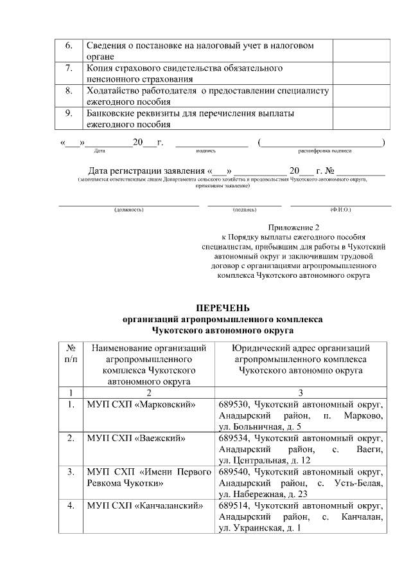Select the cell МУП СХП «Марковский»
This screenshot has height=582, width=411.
click(x=141, y=405)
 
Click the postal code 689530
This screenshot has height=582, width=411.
click(x=233, y=405)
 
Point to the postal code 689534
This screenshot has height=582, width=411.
click(x=233, y=439)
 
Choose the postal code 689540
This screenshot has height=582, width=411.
click(x=233, y=472)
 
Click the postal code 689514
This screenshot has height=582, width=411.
click(x=233, y=505)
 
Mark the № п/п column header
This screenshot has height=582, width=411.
click(x=71, y=354)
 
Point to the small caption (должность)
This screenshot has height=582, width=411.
click(x=128, y=210)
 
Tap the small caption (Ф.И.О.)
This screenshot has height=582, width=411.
click(x=340, y=210)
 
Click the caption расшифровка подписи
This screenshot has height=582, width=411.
click(x=324, y=150)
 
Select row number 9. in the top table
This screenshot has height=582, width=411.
click(x=69, y=114)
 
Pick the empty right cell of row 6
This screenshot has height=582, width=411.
click(x=360, y=52)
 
